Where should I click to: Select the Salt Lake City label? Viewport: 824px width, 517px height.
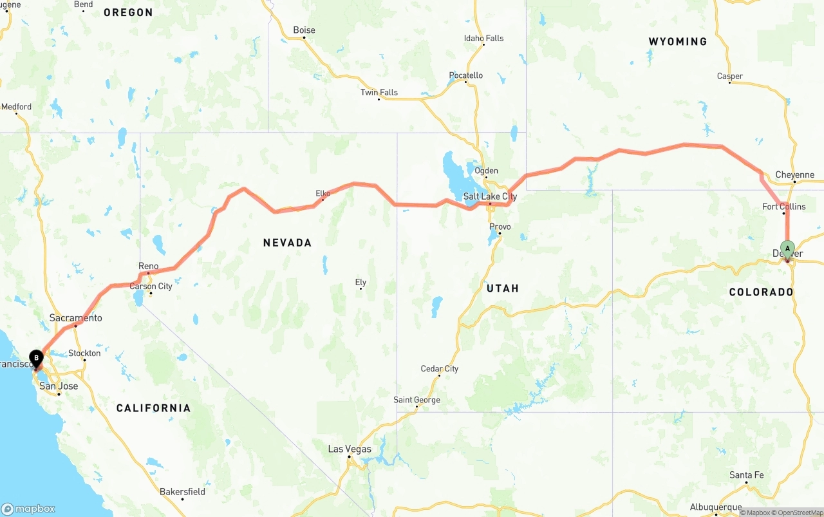tap(490, 196)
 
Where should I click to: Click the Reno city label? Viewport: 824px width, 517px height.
tap(148, 266)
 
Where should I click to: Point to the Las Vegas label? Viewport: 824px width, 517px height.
tap(350, 449)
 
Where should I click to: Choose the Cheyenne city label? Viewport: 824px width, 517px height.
tap(794, 174)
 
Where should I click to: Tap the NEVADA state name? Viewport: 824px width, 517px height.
tap(287, 243)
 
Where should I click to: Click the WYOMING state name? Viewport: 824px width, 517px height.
tap(677, 41)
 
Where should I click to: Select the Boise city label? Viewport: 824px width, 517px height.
tap(304, 30)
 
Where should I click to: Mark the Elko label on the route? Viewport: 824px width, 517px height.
tap(323, 193)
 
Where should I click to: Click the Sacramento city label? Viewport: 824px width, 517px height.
tap(76, 318)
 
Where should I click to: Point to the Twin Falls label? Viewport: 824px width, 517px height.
tap(379, 92)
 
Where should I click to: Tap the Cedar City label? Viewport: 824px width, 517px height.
tap(439, 369)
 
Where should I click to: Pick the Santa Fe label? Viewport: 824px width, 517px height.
tap(746, 475)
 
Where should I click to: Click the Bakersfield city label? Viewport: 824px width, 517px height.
tap(182, 492)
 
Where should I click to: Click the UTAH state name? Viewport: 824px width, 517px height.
tap(502, 288)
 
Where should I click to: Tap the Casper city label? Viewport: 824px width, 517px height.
tap(729, 76)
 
